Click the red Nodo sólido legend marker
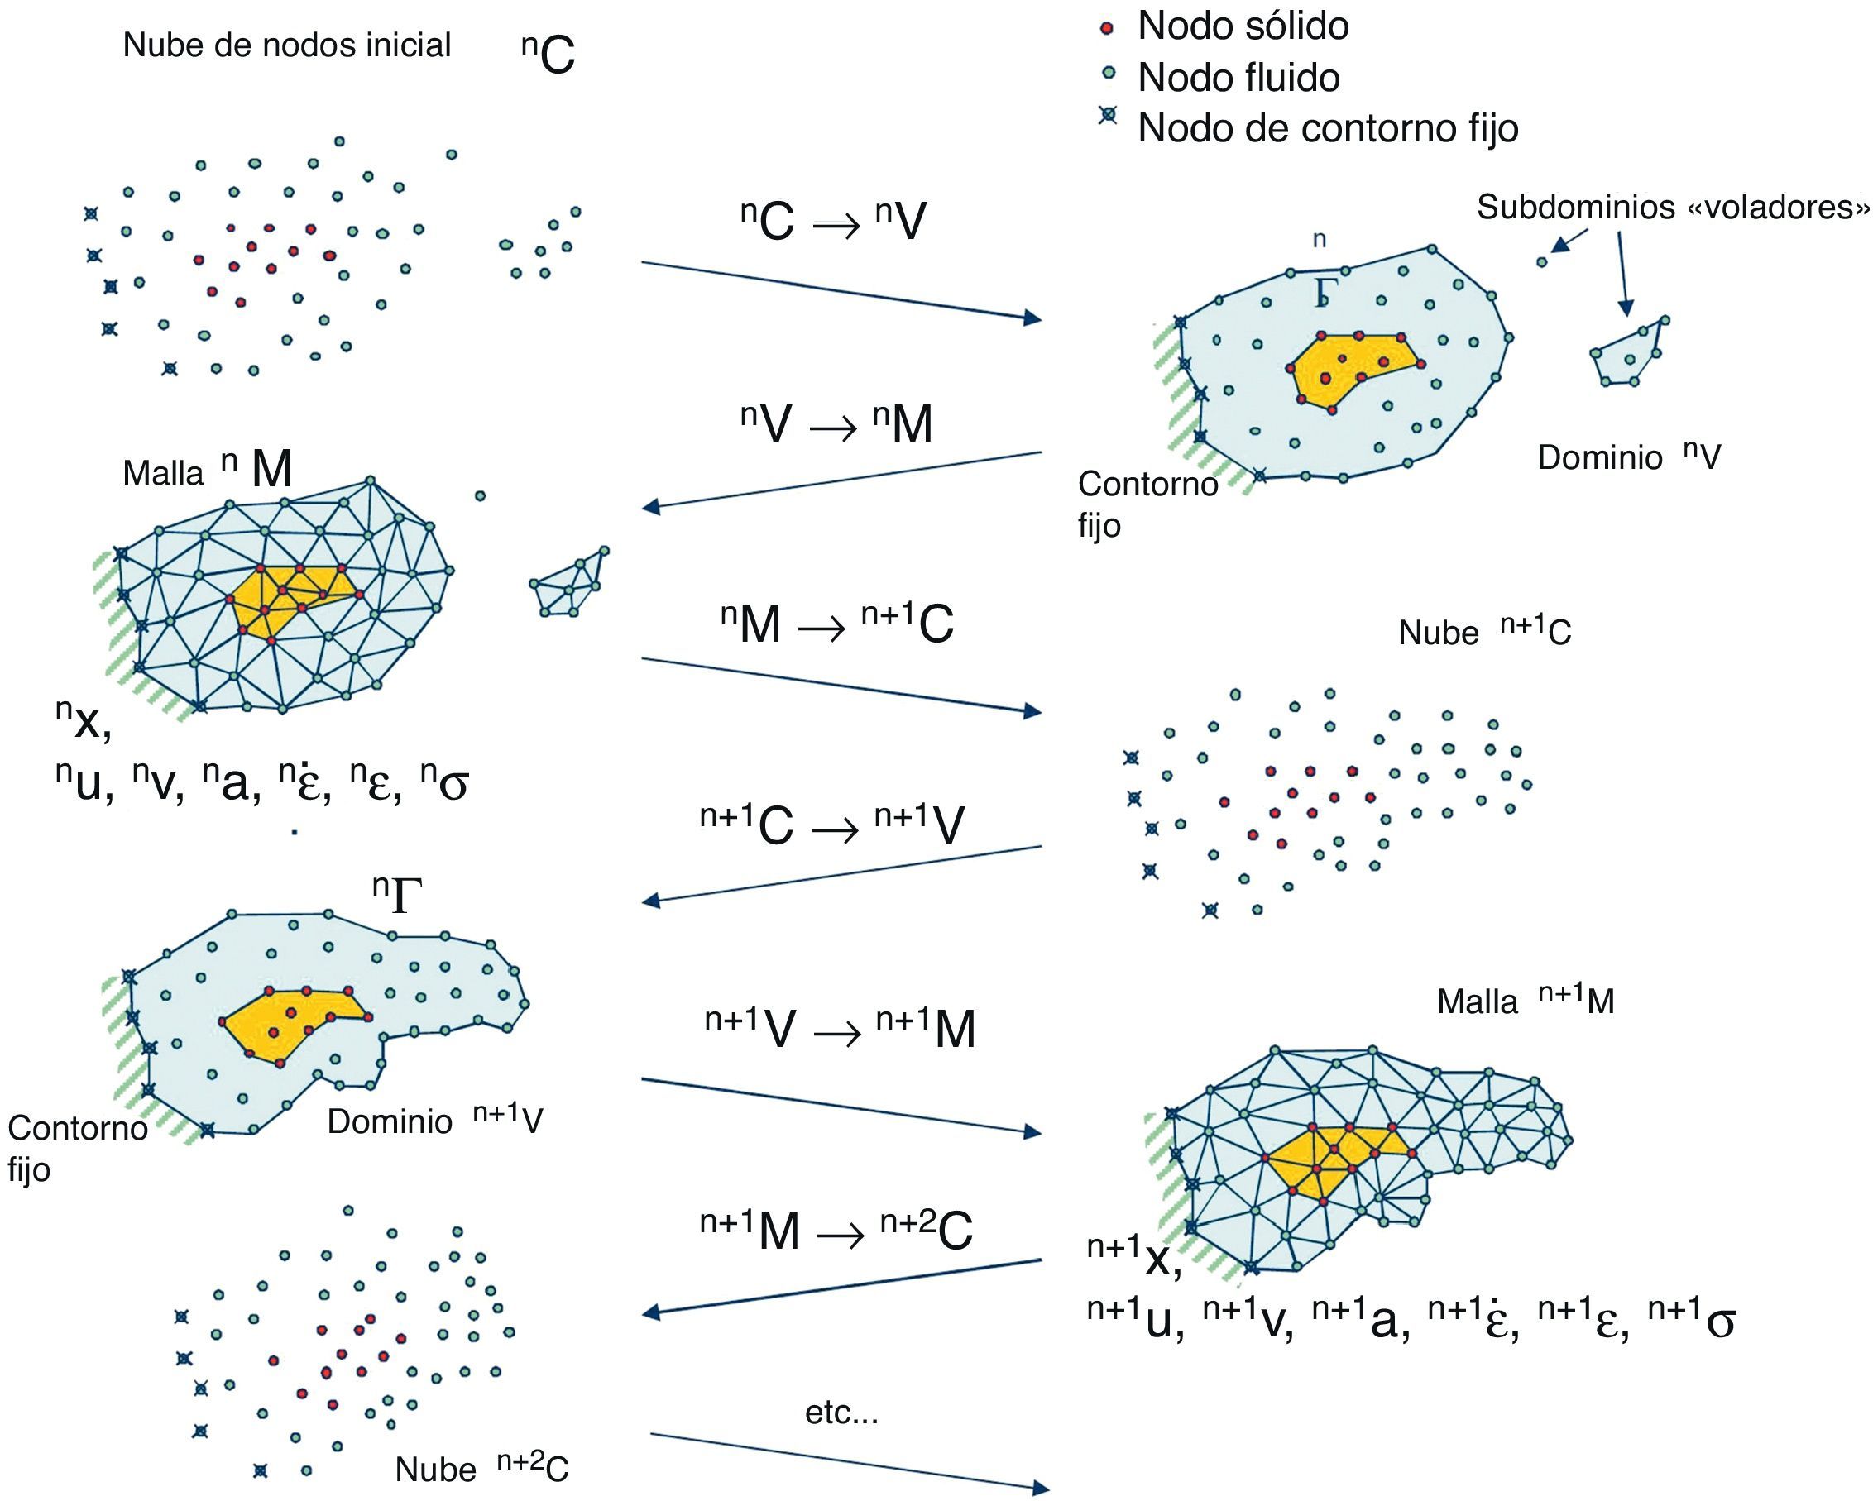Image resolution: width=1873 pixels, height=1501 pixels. click(x=1107, y=29)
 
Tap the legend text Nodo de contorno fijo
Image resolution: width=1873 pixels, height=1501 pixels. click(x=1328, y=128)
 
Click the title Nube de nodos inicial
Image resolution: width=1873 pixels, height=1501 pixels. click(x=287, y=45)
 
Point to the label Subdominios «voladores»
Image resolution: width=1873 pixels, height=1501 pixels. click(x=1672, y=207)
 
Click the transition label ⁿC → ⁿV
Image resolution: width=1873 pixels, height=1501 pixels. click(x=833, y=222)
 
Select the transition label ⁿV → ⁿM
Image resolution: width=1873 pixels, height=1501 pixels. click(x=836, y=425)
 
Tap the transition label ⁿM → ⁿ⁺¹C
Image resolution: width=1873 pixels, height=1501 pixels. click(x=836, y=624)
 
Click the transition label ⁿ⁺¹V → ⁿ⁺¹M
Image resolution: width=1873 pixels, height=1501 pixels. click(x=839, y=1029)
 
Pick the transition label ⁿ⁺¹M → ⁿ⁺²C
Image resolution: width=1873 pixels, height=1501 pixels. click(x=836, y=1230)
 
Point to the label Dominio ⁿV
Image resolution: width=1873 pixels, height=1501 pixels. click(x=1628, y=457)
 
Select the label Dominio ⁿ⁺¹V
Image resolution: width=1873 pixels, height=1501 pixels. click(x=434, y=1121)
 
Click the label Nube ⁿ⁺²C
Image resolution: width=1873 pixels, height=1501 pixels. click(x=481, y=1469)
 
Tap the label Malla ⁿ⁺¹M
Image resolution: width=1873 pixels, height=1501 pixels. click(x=1526, y=1001)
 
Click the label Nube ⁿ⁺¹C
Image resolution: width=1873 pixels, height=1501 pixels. click(x=1485, y=632)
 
